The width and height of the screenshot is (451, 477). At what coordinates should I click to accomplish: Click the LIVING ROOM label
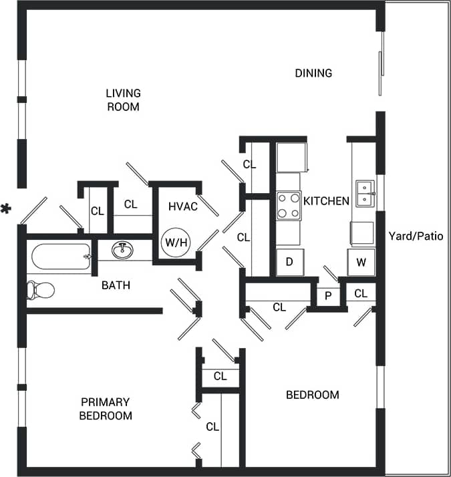123,100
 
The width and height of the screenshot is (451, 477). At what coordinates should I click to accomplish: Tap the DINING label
313,73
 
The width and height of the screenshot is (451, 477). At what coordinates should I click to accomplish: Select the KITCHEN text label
326,200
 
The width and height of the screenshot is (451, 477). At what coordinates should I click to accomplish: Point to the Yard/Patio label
416,236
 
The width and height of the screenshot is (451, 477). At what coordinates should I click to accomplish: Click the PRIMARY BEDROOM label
106,408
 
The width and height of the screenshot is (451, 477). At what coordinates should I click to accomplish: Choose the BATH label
116,285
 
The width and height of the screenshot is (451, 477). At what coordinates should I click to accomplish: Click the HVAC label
182,206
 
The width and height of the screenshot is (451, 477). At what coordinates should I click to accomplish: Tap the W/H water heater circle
176,243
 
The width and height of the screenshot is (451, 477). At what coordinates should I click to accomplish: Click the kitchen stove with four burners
289,205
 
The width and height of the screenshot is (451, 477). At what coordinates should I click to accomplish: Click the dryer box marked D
290,261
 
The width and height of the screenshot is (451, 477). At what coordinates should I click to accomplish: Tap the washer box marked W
361,261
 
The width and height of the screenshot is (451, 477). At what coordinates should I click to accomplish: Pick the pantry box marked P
328,295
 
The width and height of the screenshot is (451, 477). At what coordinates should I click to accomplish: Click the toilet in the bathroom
40,290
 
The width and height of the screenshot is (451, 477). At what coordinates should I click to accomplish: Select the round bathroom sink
122,251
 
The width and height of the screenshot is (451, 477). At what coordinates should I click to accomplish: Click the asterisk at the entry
7,210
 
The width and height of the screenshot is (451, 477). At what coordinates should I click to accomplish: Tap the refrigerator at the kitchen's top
292,158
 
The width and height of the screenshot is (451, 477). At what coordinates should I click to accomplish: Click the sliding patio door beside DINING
382,63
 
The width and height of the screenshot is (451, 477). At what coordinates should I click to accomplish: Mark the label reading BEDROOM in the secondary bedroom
312,395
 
